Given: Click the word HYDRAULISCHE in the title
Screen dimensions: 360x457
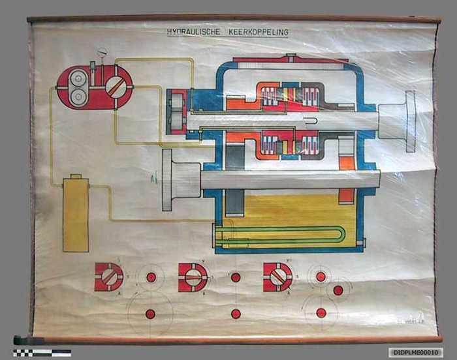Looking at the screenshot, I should (193, 31).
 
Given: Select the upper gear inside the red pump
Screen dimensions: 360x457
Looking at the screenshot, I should (78, 78).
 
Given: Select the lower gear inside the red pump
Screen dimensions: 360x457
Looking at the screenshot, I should (78, 96).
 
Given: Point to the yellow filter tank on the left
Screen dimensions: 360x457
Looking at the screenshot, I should (76, 215).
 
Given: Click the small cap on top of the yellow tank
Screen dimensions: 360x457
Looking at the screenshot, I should (76, 176).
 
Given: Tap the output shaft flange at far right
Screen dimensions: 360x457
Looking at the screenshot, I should (409, 121).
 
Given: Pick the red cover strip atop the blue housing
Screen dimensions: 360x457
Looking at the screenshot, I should (281, 61).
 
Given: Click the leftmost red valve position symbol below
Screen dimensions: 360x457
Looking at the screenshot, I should (108, 277).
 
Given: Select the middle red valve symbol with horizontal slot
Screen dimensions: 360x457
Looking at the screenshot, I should (193, 277).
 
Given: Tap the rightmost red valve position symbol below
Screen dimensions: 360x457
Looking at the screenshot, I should (277, 277).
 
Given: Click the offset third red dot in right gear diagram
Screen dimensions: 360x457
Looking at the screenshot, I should (338, 290).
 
